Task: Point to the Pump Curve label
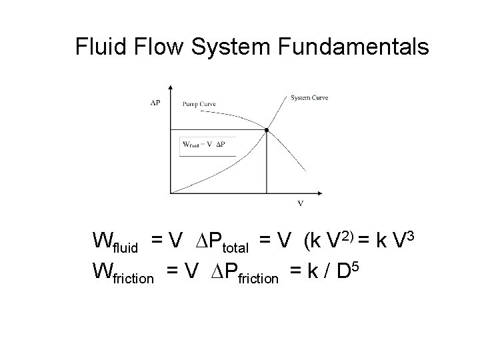click(x=199, y=105)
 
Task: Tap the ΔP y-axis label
click(x=155, y=103)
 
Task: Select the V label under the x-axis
click(x=299, y=203)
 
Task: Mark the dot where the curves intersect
click(x=267, y=130)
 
